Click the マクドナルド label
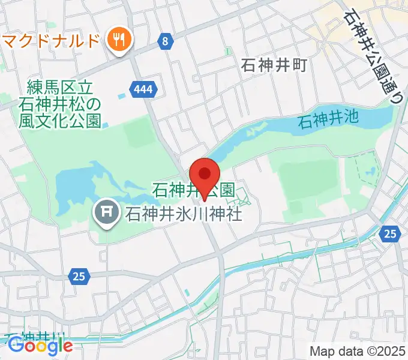pyautogui.click(x=50, y=41)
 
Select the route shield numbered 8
pyautogui.click(x=165, y=41)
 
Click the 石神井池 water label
pyautogui.click(x=328, y=118)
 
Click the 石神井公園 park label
pyautogui.click(x=193, y=191)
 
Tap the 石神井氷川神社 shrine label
pyautogui.click(x=184, y=213)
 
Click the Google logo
pyautogui.click(x=40, y=346)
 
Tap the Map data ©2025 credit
pyautogui.click(x=358, y=350)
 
